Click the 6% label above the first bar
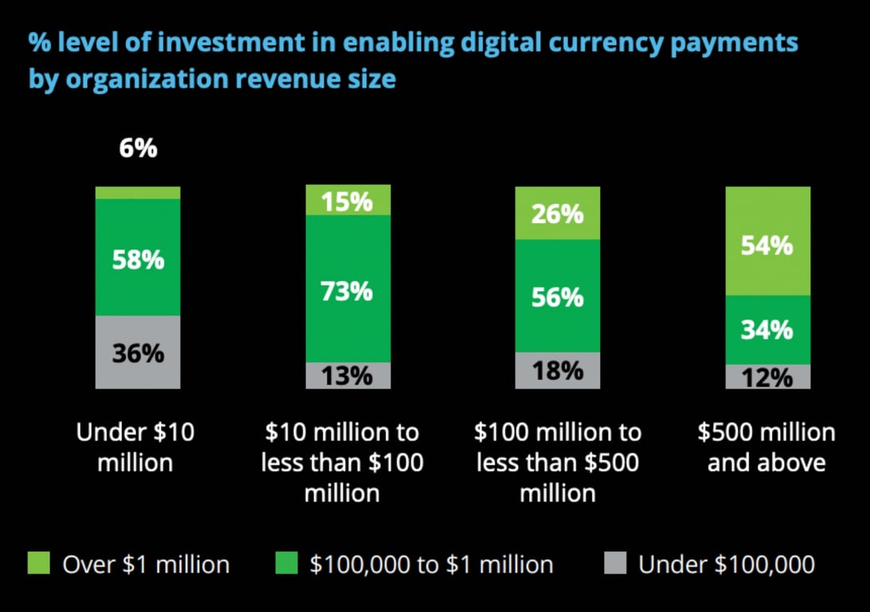tap(138, 149)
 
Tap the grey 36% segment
tap(138, 352)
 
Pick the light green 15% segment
tap(348, 201)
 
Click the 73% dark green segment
tap(348, 290)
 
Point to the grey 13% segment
tap(348, 375)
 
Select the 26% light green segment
tap(558, 214)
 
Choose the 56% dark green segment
tap(558, 296)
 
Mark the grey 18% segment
tap(558, 371)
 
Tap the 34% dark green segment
tap(767, 329)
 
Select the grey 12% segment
tap(767, 377)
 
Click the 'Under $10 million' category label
tap(135, 447)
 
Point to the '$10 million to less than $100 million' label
tap(343, 462)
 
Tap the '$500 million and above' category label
tap(766, 447)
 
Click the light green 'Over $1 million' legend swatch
tap(39, 563)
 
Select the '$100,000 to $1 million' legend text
tap(431, 564)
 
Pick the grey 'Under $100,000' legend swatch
tap(614, 563)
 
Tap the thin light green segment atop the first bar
tap(138, 192)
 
